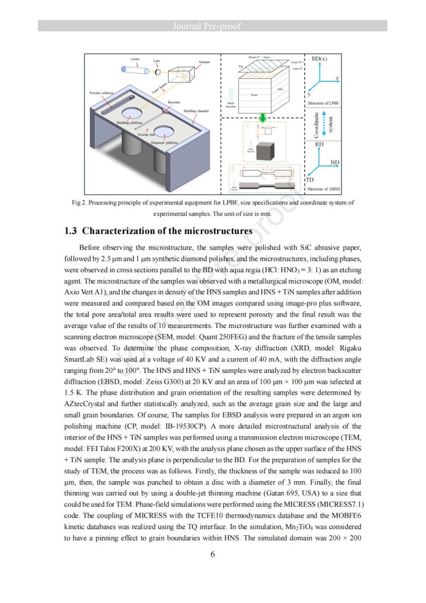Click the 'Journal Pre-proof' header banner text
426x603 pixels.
click(x=213, y=26)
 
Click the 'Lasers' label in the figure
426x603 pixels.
click(x=134, y=58)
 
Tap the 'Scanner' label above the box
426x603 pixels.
click(x=204, y=62)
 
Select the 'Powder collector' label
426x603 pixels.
click(x=101, y=93)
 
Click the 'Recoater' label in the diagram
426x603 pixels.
click(x=174, y=102)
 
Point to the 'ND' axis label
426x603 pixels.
click(x=335, y=162)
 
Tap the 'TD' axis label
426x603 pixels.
click(x=309, y=180)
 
